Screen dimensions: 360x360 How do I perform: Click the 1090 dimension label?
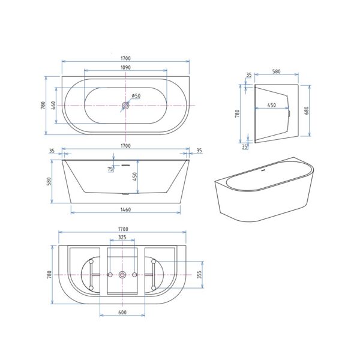point(125,67)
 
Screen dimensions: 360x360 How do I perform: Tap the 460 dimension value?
point(53,106)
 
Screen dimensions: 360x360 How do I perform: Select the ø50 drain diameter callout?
point(136,96)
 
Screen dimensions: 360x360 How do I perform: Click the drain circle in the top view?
point(125,106)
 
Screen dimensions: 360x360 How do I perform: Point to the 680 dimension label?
point(307,110)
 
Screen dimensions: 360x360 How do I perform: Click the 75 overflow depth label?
point(110,169)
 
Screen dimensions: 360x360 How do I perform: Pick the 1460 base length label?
point(125,209)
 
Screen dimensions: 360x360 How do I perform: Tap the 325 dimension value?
point(122,237)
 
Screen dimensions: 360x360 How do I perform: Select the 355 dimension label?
point(199,275)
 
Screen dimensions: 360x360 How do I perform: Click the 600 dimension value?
point(122,313)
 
